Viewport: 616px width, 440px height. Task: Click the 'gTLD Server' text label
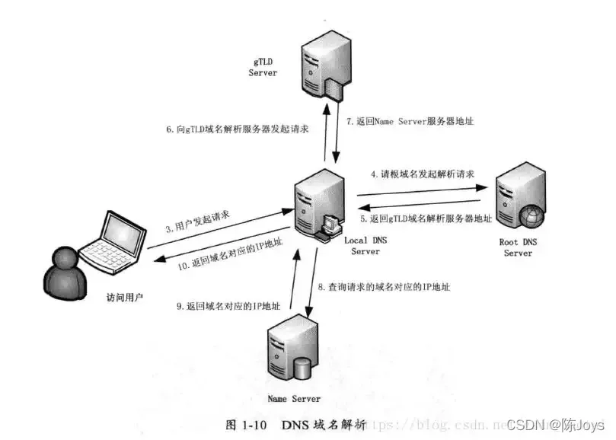tap(263, 67)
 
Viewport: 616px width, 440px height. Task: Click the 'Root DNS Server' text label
tap(519, 248)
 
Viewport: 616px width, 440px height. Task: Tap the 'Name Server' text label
tap(294, 398)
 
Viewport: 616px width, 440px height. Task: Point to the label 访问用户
tap(124, 297)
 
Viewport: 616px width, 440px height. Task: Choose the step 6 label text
tap(238, 130)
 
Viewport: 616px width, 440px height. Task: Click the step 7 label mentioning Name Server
tap(410, 120)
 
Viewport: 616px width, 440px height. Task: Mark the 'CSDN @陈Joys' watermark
tap(555, 424)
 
